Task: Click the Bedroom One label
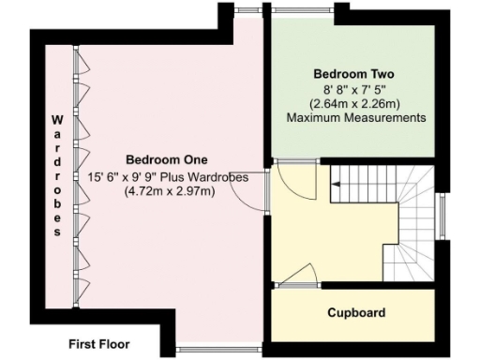pyautogui.click(x=167, y=159)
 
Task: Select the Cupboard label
pyautogui.click(x=355, y=312)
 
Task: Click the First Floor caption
pyautogui.click(x=99, y=344)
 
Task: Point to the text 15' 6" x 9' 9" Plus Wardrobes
pyautogui.click(x=168, y=176)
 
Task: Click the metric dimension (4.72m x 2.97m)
pyautogui.click(x=168, y=192)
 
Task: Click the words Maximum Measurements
pyautogui.click(x=355, y=118)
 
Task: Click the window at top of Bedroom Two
pyautogui.click(x=300, y=10)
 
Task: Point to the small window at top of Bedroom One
pyautogui.click(x=248, y=10)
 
